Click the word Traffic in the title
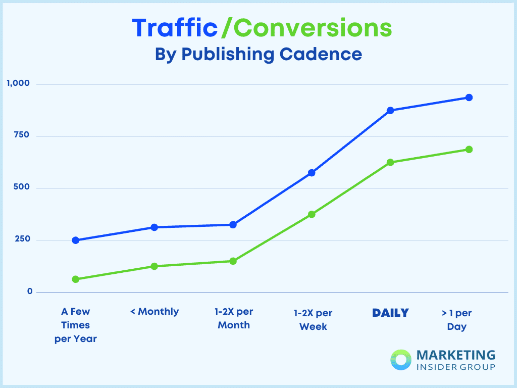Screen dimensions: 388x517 [x=175, y=28]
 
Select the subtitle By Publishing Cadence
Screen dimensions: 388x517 [x=258, y=54]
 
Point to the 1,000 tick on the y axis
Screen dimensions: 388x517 [x=18, y=83]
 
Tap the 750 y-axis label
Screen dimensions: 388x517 [x=22, y=135]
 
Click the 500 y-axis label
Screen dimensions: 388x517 [x=22, y=187]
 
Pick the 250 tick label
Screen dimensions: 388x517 [x=22, y=239]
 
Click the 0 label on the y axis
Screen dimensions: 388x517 [x=30, y=292]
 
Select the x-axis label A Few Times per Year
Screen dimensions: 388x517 [x=76, y=325]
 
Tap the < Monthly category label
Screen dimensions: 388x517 [x=154, y=312]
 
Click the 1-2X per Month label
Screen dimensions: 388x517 [x=234, y=318]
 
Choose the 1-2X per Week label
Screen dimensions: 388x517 [x=313, y=320]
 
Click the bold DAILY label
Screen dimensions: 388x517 [x=390, y=313]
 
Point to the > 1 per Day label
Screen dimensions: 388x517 [x=456, y=320]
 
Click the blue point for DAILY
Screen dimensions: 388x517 [x=390, y=110]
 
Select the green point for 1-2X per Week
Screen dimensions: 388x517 [x=312, y=214]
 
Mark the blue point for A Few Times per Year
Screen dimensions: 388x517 [x=76, y=240]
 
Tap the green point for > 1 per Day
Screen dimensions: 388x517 [x=469, y=150]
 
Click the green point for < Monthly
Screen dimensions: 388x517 [x=154, y=266]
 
